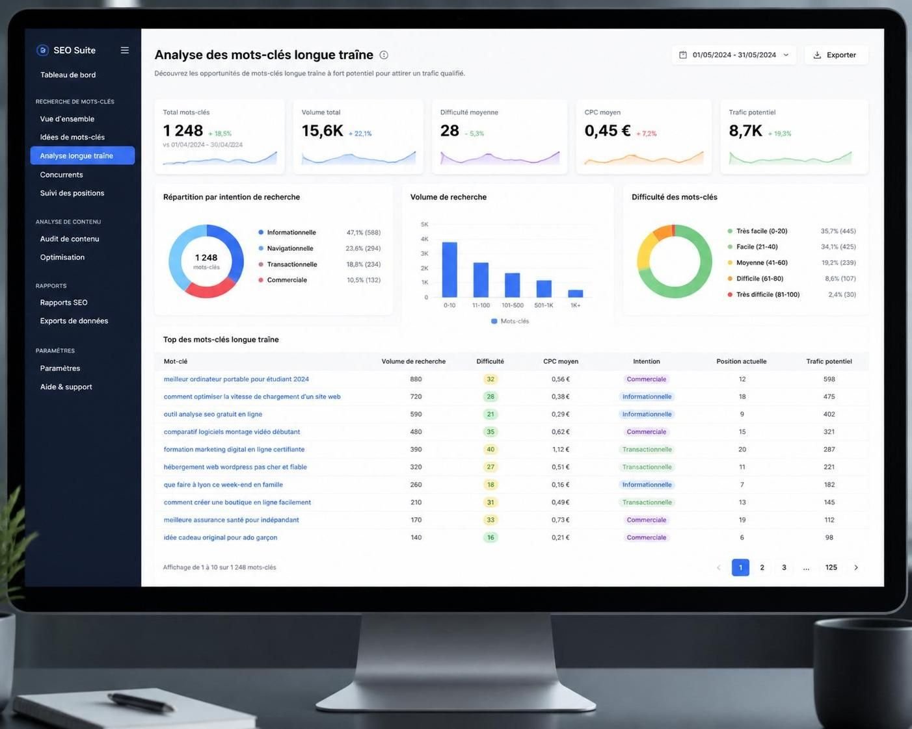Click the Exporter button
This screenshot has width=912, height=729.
click(836, 55)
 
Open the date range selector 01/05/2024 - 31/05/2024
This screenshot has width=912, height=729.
click(734, 55)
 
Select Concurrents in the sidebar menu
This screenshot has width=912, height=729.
click(61, 174)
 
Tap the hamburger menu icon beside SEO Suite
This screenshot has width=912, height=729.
click(125, 50)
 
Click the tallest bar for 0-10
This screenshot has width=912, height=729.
click(449, 270)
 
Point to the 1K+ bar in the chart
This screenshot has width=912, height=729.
click(575, 294)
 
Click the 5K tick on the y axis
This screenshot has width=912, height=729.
click(424, 224)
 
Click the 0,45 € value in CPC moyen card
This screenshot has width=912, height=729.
click(608, 131)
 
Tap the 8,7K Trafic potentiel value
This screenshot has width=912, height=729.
click(745, 131)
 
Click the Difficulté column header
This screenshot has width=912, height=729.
click(490, 361)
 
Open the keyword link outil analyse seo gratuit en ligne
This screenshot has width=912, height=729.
click(213, 414)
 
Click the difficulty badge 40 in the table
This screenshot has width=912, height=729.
click(490, 449)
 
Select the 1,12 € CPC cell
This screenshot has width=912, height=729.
click(560, 449)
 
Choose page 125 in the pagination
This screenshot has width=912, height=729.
click(831, 567)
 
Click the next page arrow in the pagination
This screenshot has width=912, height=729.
click(856, 567)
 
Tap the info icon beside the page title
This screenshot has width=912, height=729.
click(384, 55)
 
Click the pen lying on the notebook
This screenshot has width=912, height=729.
click(141, 702)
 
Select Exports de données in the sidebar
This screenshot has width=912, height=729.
click(74, 321)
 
